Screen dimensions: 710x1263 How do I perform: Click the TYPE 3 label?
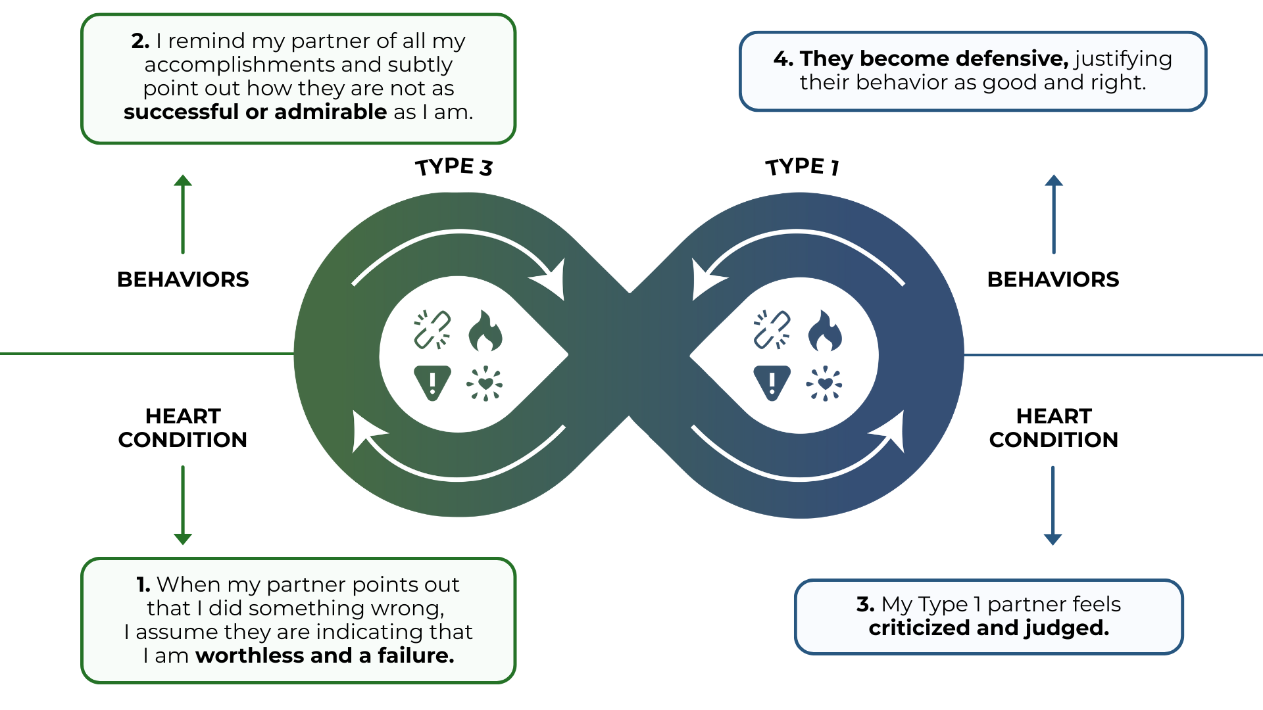(454, 167)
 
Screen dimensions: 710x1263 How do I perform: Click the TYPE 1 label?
(802, 166)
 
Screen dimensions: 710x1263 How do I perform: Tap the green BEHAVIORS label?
(183, 279)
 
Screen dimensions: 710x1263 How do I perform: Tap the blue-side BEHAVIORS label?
(1053, 279)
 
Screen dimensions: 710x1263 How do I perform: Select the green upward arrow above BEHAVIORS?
(183, 214)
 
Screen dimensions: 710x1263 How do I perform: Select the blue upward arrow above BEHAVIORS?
(1054, 214)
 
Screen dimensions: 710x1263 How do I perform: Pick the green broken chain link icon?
(432, 329)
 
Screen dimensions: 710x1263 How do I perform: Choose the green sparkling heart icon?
(485, 383)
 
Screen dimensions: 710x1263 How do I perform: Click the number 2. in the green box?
(140, 41)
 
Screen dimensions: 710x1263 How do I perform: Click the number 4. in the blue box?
(783, 59)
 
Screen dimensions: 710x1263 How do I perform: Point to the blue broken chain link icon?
(772, 329)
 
